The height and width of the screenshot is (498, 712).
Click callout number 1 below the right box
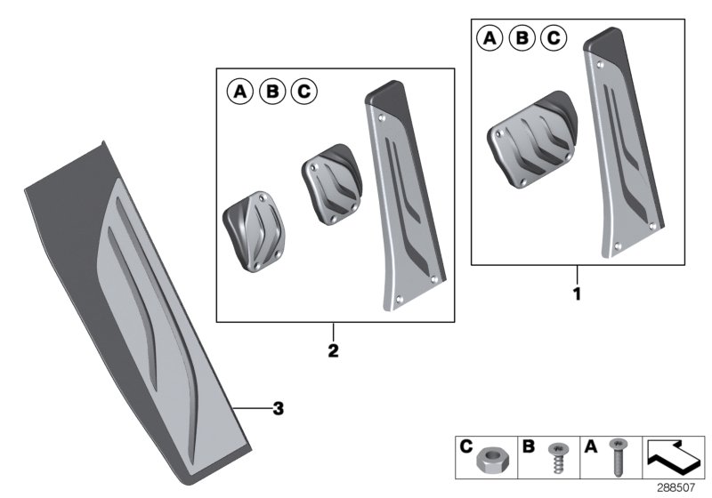577,291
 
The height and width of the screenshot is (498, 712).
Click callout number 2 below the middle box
332,351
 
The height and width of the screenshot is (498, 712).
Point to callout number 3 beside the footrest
279,408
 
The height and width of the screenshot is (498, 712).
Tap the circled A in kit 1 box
488,38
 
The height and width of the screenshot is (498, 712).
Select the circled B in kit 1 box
521,38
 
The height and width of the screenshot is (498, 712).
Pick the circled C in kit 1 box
554,38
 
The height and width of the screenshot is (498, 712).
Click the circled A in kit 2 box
238,91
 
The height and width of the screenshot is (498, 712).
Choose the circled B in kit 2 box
271,91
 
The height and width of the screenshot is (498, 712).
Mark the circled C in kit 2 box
303,91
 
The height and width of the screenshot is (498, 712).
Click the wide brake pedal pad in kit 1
530,141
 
